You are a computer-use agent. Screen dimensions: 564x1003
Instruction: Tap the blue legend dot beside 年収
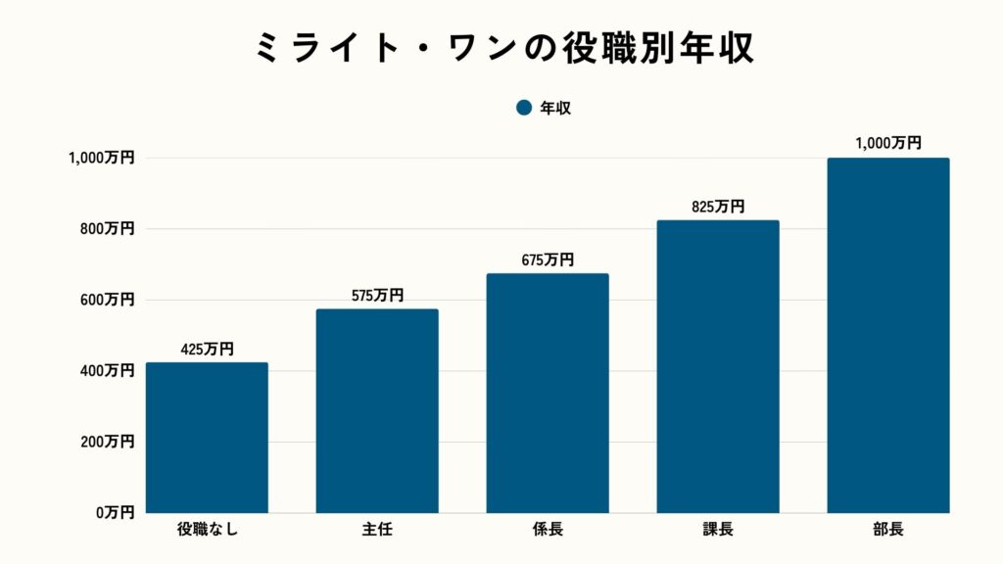click(x=523, y=108)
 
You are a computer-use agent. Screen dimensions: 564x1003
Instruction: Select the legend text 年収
click(x=555, y=108)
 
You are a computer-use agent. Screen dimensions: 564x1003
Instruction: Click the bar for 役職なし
click(x=207, y=438)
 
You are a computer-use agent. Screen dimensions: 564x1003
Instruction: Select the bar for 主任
click(x=377, y=411)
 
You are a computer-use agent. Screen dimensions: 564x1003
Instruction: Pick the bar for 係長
click(x=548, y=393)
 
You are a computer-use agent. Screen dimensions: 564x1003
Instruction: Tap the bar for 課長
click(x=718, y=366)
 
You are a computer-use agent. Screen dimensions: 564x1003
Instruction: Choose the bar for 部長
click(x=888, y=335)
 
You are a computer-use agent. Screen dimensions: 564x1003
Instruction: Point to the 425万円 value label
click(x=207, y=349)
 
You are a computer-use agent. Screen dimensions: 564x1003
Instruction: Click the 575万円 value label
click(x=377, y=295)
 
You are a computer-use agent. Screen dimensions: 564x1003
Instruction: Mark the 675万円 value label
click(x=548, y=259)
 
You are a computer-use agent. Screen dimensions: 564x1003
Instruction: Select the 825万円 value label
click(x=718, y=207)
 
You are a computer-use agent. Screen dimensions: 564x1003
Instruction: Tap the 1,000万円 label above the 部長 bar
click(x=888, y=143)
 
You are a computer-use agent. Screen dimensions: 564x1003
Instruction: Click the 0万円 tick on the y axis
click(x=115, y=513)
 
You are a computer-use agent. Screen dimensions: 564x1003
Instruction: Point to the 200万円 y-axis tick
click(x=108, y=442)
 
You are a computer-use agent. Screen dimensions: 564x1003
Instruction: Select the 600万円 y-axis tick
click(x=108, y=300)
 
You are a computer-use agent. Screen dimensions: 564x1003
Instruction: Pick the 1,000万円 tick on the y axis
click(x=102, y=158)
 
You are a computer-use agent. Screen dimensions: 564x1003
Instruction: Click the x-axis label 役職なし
click(x=207, y=531)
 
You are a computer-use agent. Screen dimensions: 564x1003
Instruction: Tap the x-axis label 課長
click(x=718, y=531)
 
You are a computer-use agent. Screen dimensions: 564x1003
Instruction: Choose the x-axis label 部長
click(x=888, y=531)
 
